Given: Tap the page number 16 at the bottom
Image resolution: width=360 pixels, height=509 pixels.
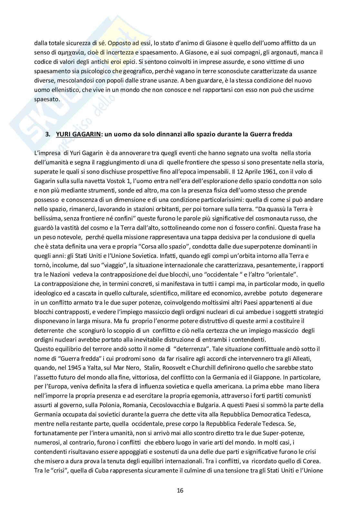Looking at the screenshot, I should tap(180, 491).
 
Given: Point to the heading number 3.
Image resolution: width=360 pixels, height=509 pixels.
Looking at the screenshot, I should tap(48, 134).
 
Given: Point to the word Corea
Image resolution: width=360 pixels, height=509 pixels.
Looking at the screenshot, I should tap(315, 461).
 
